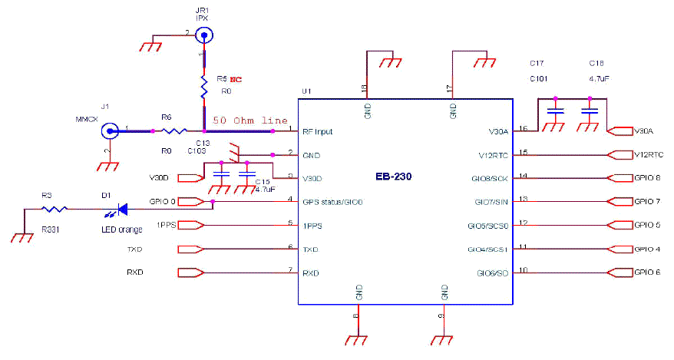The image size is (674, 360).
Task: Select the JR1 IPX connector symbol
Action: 203,35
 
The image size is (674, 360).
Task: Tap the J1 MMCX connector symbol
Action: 110,131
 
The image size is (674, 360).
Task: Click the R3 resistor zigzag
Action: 54,208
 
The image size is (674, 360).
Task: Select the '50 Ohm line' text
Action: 250,121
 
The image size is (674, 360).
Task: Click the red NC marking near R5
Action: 237,79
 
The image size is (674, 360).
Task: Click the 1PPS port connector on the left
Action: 190,225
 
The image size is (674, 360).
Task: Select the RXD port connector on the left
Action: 190,272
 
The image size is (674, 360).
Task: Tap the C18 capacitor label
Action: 596,63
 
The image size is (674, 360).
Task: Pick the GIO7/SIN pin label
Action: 492,203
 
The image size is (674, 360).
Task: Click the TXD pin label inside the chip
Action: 311,250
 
